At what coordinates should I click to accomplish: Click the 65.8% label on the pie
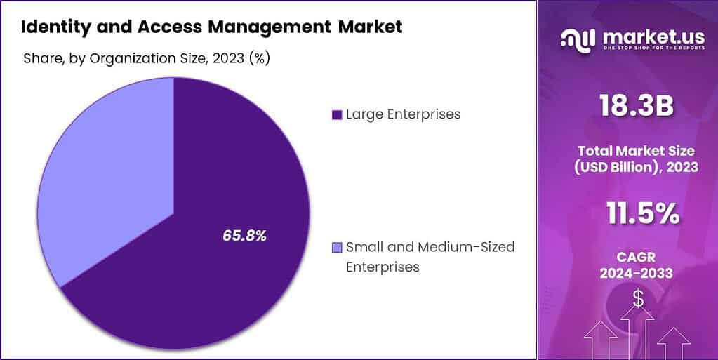pyautogui.click(x=244, y=236)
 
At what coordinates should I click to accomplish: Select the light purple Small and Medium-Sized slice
pyautogui.click(x=105, y=175)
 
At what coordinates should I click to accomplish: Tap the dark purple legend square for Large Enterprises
pyautogui.click(x=336, y=114)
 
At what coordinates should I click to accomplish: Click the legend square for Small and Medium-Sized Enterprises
pyautogui.click(x=336, y=247)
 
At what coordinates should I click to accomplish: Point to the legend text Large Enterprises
pyautogui.click(x=403, y=114)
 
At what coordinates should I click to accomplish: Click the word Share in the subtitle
pyautogui.click(x=44, y=58)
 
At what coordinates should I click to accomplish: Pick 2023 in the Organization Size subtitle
pyautogui.click(x=228, y=58)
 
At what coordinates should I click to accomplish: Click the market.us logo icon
pyautogui.click(x=577, y=39)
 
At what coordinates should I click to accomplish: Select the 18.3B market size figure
pyautogui.click(x=636, y=107)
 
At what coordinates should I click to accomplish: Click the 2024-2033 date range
pyautogui.click(x=636, y=273)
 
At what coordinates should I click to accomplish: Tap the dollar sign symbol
pyautogui.click(x=638, y=298)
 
